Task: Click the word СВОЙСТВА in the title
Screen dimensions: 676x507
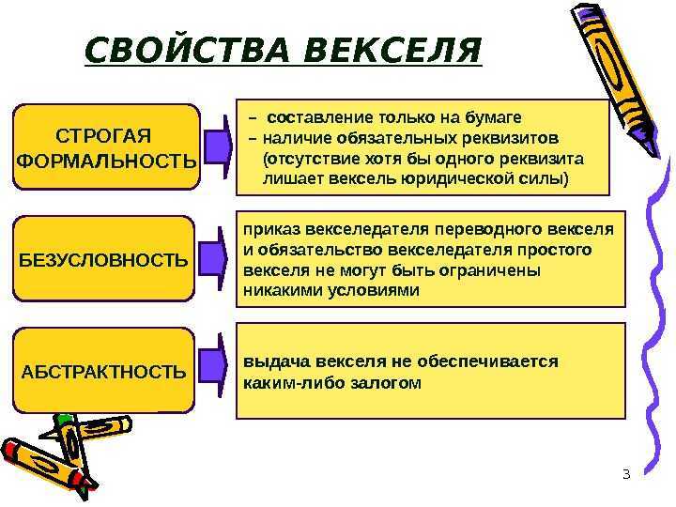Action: click(x=187, y=51)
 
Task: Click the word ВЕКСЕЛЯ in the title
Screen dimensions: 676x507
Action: click(x=392, y=51)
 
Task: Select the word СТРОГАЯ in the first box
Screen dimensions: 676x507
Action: click(x=103, y=136)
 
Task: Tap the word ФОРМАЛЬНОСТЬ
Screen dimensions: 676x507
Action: click(x=106, y=161)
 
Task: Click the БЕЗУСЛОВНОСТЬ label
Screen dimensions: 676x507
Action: click(x=103, y=260)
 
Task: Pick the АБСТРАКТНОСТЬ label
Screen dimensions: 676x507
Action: click(x=103, y=372)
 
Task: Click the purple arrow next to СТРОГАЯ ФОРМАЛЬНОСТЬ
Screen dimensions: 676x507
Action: click(x=218, y=147)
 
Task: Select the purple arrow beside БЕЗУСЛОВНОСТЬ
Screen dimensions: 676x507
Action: click(x=212, y=259)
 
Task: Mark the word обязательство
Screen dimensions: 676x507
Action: click(x=320, y=250)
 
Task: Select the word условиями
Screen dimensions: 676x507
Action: click(x=374, y=290)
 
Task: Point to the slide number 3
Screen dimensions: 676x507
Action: click(x=626, y=474)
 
